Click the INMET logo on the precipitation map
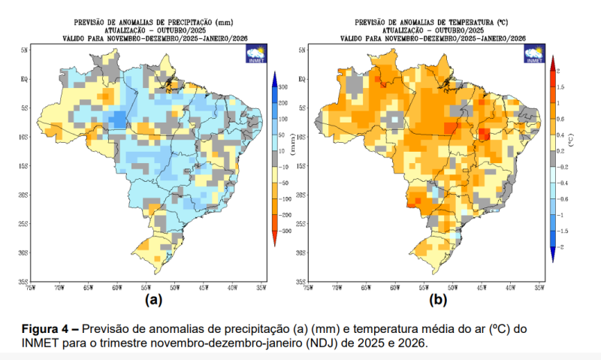pos(255,55)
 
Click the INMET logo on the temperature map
pos(535,55)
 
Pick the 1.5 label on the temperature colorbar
pos(560,87)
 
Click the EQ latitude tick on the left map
pos(25,78)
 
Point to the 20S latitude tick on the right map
pos(302,195)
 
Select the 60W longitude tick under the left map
pos(116,287)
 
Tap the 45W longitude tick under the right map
pos(482,287)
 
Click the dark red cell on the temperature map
pos(485,135)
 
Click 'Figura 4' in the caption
pos(47,329)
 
